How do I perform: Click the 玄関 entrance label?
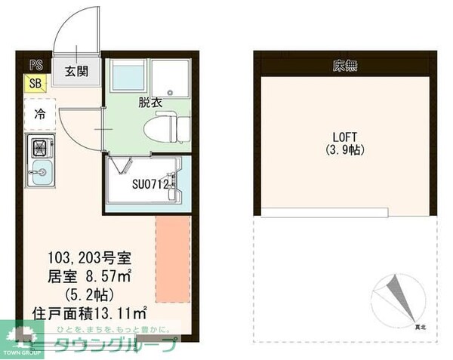tap(75, 72)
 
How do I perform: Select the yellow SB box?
tap(35, 83)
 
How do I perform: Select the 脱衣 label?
tap(149, 102)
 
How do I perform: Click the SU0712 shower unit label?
tap(149, 183)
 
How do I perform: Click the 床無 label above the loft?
tap(344, 66)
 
